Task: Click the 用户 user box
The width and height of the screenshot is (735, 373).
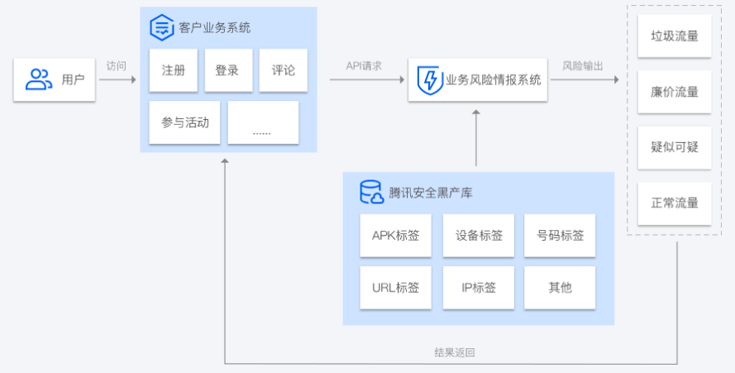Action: point(55,80)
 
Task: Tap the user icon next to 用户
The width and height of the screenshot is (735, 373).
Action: point(38,79)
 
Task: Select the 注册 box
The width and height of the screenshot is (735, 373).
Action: point(174,70)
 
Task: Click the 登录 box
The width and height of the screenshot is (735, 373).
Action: point(227,70)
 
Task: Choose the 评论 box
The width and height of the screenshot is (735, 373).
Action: point(283,70)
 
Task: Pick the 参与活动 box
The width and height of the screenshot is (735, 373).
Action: point(185,122)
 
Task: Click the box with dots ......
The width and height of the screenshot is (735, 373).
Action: point(263,122)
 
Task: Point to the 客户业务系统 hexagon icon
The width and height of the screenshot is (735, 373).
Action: point(161,27)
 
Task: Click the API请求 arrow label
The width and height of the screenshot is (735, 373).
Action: point(364,65)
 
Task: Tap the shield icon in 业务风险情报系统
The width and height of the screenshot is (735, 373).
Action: point(429,80)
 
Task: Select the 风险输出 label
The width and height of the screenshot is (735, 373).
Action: point(583,65)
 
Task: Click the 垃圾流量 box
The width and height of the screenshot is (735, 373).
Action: point(675,36)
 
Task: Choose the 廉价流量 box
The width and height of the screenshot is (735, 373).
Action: point(675,92)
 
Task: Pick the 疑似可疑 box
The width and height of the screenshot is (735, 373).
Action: point(675,147)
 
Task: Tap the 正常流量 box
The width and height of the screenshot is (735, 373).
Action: point(675,203)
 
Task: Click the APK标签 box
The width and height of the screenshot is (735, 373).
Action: point(395,236)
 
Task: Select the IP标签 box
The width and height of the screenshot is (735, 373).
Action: point(479,288)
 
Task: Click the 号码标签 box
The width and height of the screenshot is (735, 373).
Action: point(560,236)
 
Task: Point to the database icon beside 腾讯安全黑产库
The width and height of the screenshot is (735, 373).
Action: point(371,192)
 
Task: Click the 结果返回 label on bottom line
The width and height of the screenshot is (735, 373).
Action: point(455,352)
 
